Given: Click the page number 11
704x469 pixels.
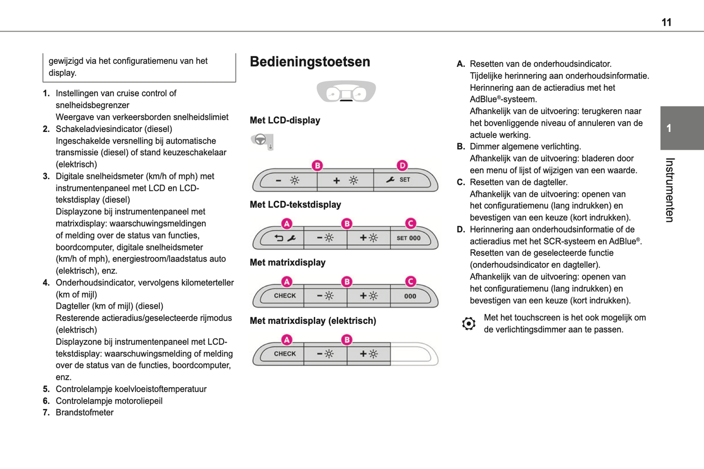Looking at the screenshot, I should point(666,22).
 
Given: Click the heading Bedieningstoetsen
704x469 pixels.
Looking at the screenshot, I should point(310,62).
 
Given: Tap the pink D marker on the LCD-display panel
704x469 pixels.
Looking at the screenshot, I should point(402,166).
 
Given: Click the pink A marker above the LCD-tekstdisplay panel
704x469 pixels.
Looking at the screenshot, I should point(287,224).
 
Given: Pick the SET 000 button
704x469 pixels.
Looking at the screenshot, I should point(409,238).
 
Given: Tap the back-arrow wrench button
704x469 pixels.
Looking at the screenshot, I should point(285,238).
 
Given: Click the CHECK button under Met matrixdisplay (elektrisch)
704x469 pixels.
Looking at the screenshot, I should point(285,354).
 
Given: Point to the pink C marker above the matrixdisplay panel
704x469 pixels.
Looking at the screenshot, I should point(410,281).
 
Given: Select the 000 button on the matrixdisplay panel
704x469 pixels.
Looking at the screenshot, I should point(410,296).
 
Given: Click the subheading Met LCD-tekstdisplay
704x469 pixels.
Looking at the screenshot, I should point(295,205).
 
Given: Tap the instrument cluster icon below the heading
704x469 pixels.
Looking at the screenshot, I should point(346,92).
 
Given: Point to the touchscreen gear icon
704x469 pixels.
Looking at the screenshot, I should point(469,323).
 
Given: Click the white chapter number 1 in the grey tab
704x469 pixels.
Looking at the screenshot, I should point(669,128).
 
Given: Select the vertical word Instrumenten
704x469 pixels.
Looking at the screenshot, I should point(670,190).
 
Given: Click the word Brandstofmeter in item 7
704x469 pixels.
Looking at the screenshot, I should point(84,413).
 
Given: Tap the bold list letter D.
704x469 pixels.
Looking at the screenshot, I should point(460,229).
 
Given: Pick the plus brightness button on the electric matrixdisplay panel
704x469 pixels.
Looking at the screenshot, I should point(368,354).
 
